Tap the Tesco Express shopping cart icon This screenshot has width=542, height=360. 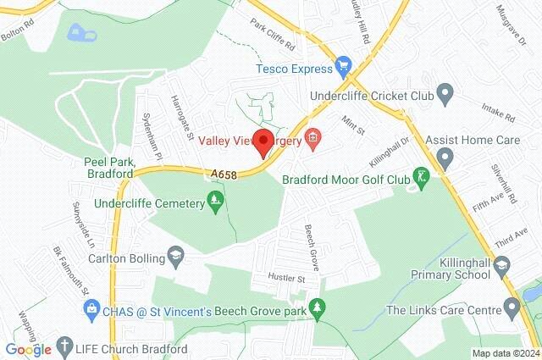pos(343,64)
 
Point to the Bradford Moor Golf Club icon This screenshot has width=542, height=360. pos(421,178)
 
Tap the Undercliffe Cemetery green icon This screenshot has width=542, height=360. pos(217,203)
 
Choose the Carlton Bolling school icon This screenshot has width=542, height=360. pos(175,254)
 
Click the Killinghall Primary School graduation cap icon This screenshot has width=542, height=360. pos(502,266)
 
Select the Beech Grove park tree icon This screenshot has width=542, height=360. pos(318,310)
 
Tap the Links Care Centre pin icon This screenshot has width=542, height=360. pos(511,310)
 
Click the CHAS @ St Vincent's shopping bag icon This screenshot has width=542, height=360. pos(91,312)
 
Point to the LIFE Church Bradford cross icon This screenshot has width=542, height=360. pos(65,347)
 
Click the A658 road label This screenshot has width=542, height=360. pos(224,174)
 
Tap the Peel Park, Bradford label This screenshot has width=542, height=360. pos(109,167)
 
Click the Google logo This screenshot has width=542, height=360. pos(28,349)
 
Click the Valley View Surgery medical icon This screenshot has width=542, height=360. pos(313,136)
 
